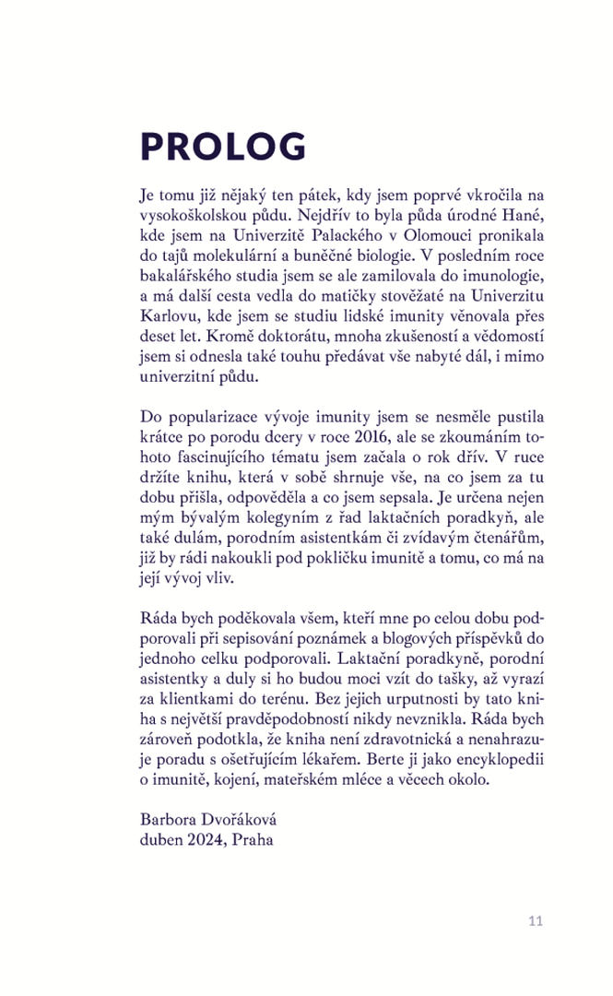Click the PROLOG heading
(x=222, y=148)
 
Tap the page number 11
(x=536, y=920)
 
